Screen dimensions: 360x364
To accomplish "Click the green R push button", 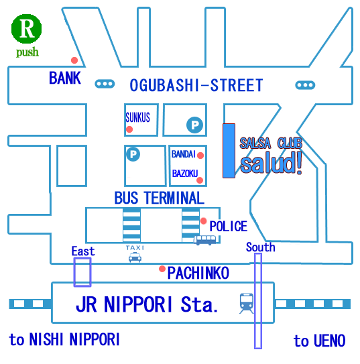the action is (26, 29).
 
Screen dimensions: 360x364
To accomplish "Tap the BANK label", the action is (65, 78).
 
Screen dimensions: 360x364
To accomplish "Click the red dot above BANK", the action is (74, 60).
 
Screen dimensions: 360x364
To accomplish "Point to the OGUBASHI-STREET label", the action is (196, 85).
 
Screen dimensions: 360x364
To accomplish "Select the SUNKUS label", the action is (137, 117).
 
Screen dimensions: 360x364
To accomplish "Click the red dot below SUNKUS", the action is (129, 129).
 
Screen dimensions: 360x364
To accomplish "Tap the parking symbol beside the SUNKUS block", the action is (194, 125).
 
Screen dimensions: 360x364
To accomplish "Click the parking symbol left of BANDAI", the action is (133, 154).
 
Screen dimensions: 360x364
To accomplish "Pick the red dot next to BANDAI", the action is (200, 156).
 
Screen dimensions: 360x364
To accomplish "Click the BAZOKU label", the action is (185, 174).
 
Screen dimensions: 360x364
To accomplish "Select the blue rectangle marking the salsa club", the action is (229, 151).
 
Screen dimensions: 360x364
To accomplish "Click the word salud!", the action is (271, 163).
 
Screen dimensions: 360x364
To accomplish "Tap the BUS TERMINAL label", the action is (160, 198).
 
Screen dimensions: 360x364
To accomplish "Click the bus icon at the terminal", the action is (205, 240).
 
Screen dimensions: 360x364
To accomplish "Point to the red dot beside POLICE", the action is (204, 221).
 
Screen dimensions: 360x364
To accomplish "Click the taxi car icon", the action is (135, 257).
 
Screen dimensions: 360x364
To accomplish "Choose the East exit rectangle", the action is (82, 272).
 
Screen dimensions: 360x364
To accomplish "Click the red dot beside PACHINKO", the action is (162, 269).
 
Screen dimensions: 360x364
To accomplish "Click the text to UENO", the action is (319, 341).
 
